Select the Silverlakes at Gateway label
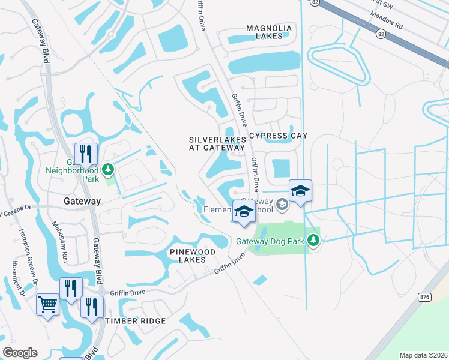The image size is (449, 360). point(217,143)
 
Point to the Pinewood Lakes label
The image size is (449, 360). point(196,255)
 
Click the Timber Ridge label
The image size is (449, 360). point(136,321)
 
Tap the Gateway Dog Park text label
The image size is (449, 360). point(271,242)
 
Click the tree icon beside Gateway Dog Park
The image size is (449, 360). point(313,240)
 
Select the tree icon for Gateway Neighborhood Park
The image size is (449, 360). point(109,170)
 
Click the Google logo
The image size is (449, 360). point(20,353)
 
